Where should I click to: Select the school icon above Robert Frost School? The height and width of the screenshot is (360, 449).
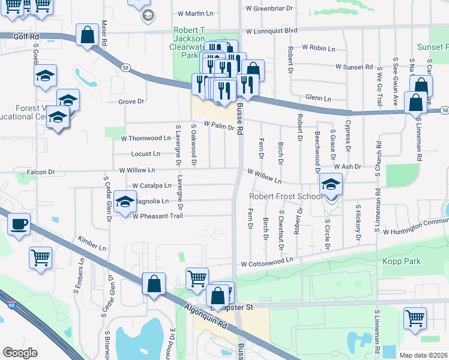tap(330, 184)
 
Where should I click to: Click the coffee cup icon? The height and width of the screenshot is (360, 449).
tap(19, 225)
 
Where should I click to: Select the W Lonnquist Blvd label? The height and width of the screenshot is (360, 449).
tap(272, 30)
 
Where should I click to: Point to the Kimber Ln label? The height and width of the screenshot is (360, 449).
tap(91, 247)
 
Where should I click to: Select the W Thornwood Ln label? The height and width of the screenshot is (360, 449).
tap(146, 137)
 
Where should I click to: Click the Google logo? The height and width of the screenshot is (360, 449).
tap(20, 352)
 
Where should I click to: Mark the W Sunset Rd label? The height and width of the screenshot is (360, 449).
tap(354, 67)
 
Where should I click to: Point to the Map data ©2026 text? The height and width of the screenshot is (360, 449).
tap(423, 355)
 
